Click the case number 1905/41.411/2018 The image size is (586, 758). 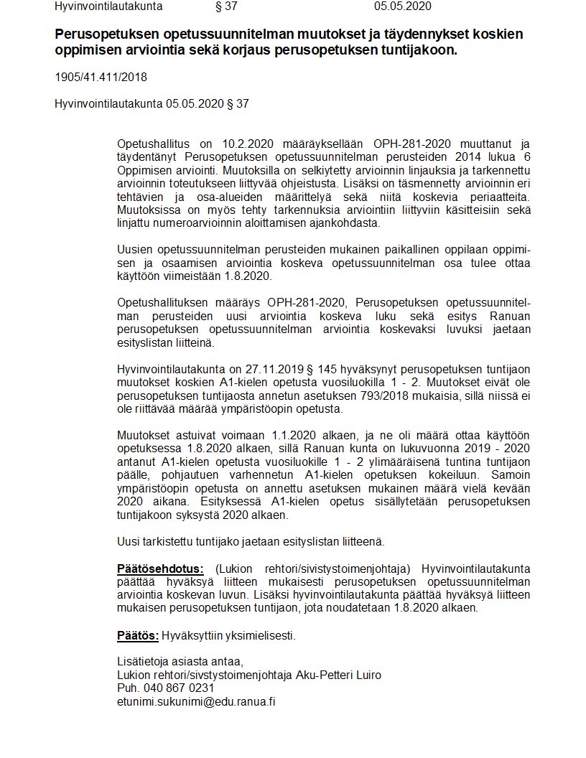101,78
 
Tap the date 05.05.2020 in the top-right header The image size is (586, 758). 402,6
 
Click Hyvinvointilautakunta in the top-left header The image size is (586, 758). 108,6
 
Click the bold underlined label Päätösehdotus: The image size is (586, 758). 162,568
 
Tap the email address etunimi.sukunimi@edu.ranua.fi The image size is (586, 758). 196,701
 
